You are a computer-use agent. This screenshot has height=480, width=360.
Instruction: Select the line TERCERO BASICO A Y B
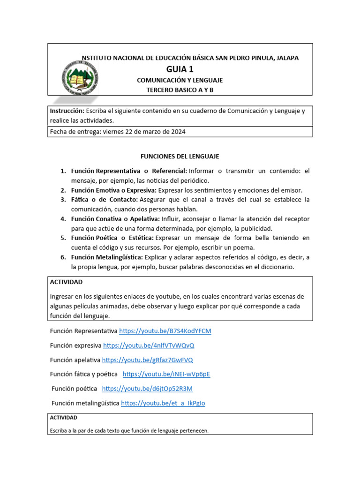click(x=180, y=90)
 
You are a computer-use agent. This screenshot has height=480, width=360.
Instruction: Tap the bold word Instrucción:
click(x=67, y=111)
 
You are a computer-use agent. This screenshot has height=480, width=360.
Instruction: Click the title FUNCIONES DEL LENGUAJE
click(x=180, y=156)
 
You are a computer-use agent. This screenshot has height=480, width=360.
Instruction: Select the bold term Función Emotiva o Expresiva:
click(x=113, y=190)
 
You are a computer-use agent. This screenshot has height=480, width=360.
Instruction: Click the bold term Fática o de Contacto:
click(x=105, y=200)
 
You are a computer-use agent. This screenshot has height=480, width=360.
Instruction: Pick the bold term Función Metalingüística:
click(x=107, y=257)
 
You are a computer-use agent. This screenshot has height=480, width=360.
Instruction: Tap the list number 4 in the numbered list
click(x=63, y=219)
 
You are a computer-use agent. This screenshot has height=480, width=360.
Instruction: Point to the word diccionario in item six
click(x=276, y=267)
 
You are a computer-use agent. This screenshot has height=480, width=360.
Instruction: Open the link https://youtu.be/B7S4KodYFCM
click(x=165, y=331)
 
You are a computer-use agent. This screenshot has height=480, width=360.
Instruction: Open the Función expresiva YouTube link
click(x=149, y=345)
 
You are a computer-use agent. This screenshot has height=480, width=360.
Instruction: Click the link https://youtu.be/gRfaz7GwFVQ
click(x=147, y=360)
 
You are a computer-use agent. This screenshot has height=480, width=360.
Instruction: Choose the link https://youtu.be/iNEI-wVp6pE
click(x=166, y=374)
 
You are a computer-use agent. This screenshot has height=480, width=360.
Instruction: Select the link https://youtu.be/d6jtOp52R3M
click(x=147, y=389)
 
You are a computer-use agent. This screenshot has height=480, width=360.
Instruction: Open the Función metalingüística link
click(x=163, y=403)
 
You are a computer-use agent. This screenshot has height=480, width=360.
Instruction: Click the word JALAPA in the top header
click(x=287, y=58)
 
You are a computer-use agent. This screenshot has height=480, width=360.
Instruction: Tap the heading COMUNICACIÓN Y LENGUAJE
click(x=180, y=80)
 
